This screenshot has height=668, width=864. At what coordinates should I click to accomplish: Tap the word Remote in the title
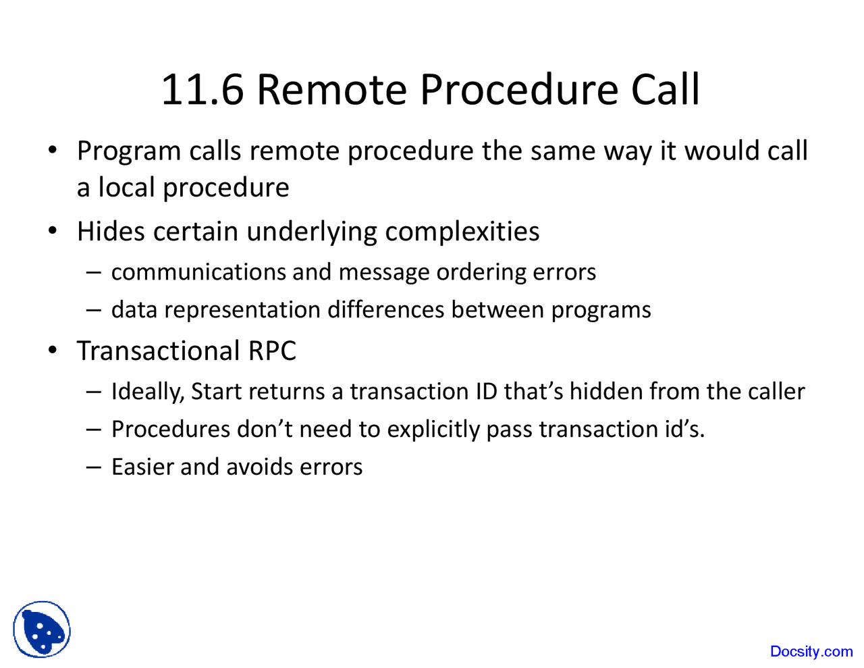click(x=331, y=90)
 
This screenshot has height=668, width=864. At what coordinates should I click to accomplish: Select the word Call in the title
click(x=665, y=90)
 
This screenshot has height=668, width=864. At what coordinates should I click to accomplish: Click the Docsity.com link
click(x=811, y=651)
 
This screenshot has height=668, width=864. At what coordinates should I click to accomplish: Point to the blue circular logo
click(x=42, y=630)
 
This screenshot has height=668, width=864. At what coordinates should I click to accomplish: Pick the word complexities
click(x=462, y=232)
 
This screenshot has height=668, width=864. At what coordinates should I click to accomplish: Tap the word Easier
click(x=142, y=467)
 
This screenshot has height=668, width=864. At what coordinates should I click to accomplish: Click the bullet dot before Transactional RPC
click(x=53, y=351)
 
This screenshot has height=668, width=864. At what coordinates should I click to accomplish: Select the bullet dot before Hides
click(x=53, y=232)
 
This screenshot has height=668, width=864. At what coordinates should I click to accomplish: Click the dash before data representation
click(x=94, y=310)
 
